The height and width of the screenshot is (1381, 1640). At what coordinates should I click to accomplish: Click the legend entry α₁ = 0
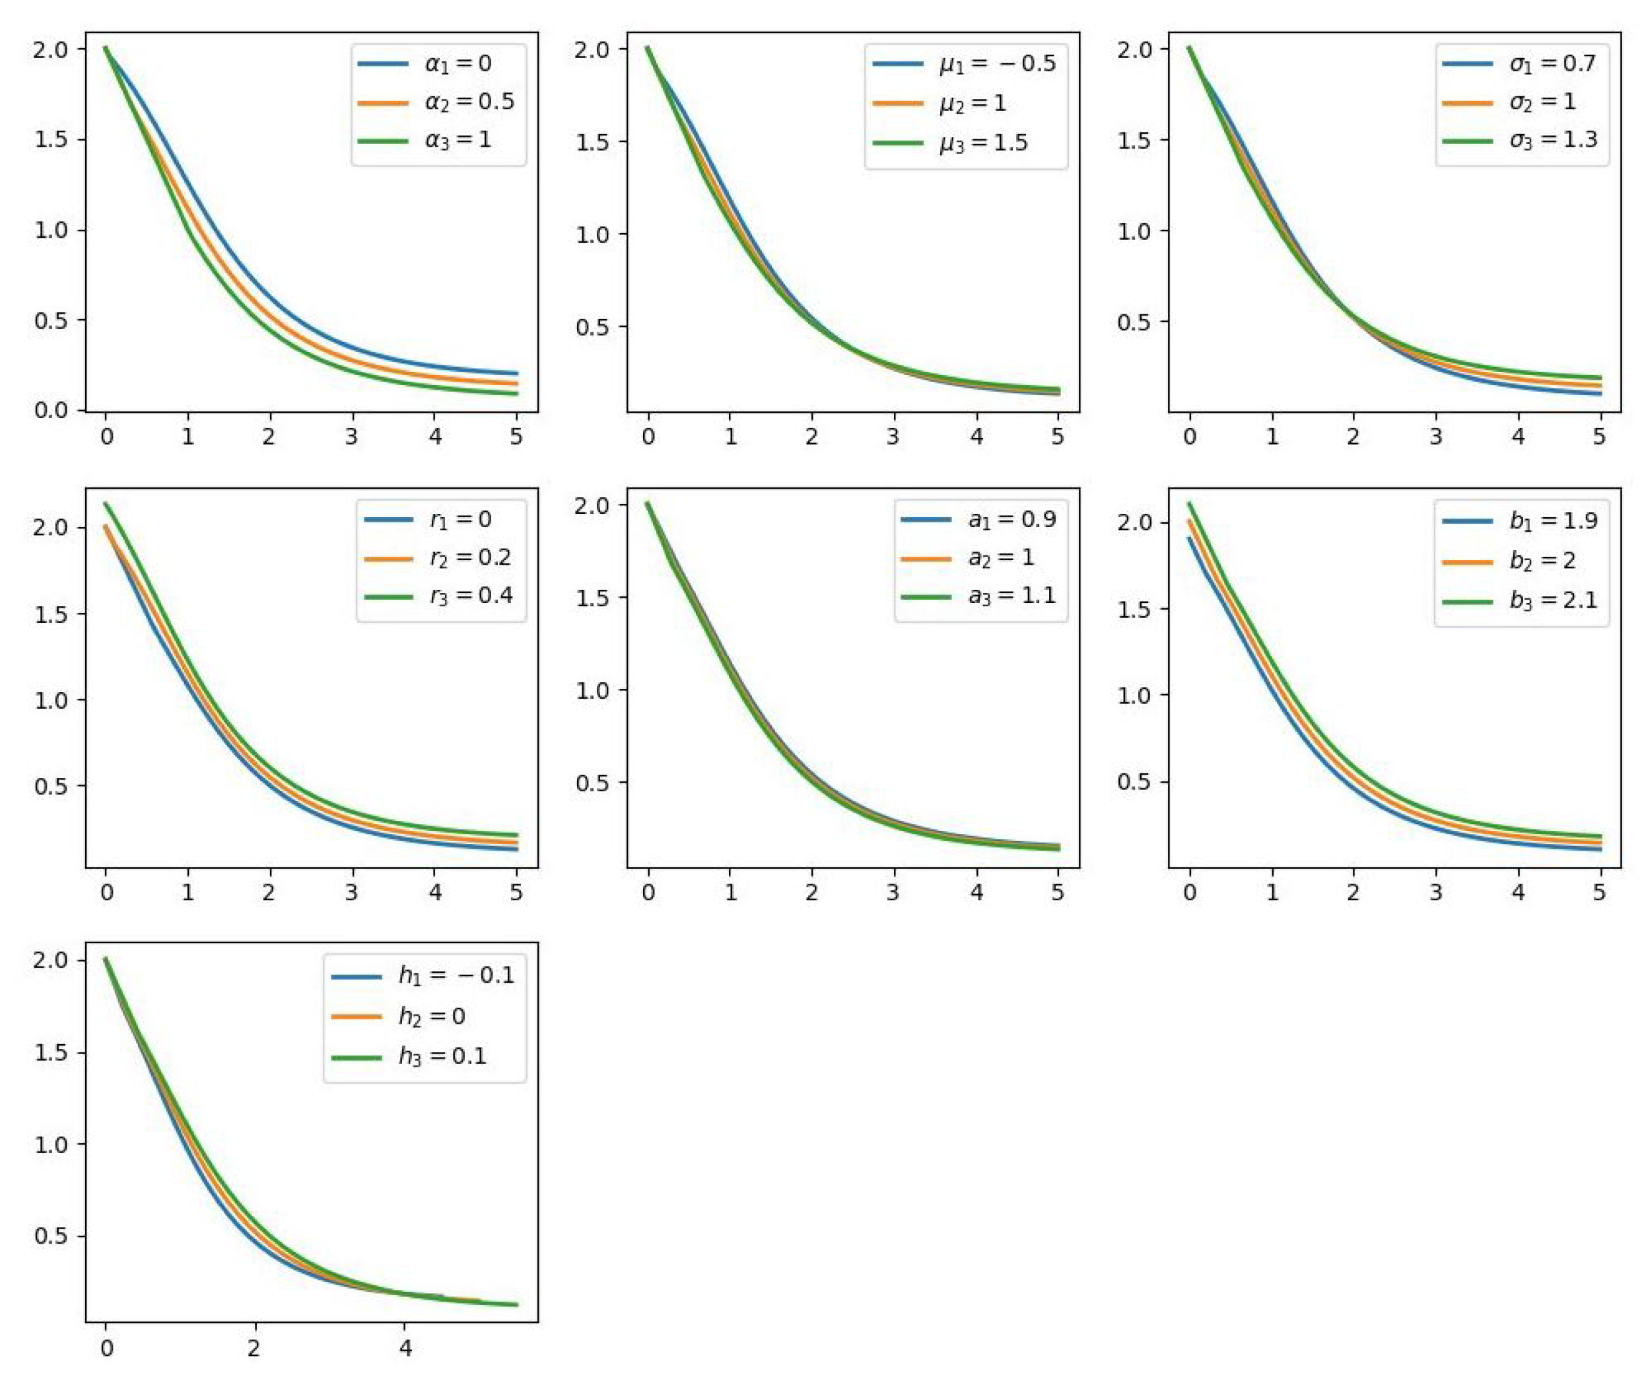click(x=458, y=63)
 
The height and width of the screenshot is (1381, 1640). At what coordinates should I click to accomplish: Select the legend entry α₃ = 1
click(x=458, y=140)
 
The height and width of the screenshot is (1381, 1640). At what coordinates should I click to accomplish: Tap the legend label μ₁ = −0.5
click(x=997, y=63)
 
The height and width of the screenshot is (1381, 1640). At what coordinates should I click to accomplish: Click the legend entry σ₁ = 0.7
click(x=1552, y=63)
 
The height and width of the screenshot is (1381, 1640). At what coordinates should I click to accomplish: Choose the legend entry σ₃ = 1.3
click(x=1552, y=139)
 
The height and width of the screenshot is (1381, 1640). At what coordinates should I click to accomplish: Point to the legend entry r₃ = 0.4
click(x=471, y=596)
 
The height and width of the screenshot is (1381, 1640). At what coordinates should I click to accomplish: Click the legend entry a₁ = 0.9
click(x=1011, y=519)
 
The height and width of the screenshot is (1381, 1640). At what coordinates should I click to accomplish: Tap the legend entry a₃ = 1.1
click(x=1011, y=596)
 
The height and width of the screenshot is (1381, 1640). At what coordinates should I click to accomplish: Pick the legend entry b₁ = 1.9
click(x=1553, y=520)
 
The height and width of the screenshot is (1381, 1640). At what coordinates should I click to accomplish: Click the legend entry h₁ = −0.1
click(x=456, y=975)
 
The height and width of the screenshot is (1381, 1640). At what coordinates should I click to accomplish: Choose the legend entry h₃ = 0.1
click(x=442, y=1056)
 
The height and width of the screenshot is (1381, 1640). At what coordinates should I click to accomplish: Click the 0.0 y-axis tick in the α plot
click(x=51, y=409)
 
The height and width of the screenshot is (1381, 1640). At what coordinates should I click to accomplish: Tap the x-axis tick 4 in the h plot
click(x=405, y=1348)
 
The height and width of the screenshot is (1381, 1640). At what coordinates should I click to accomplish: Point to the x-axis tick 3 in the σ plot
click(x=1435, y=436)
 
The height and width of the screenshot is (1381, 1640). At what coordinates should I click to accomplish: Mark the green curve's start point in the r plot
click(x=106, y=503)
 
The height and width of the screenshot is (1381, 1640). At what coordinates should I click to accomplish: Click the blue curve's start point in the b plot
click(x=1189, y=538)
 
